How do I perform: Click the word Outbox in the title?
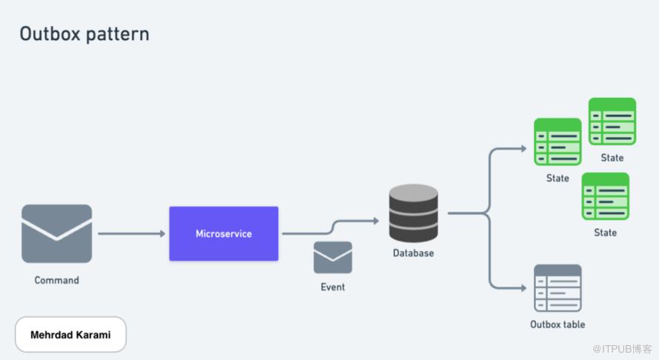(49, 34)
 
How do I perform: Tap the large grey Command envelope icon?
(57, 233)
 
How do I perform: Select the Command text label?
(56, 281)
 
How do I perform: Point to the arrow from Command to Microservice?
(131, 234)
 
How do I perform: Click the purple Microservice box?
(224, 233)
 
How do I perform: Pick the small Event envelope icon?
(332, 258)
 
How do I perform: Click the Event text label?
(332, 287)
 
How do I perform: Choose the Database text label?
(413, 253)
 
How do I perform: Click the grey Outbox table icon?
(558, 288)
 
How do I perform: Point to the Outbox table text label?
(558, 324)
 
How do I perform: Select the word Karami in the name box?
(96, 335)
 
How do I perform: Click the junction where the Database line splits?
(486, 213)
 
